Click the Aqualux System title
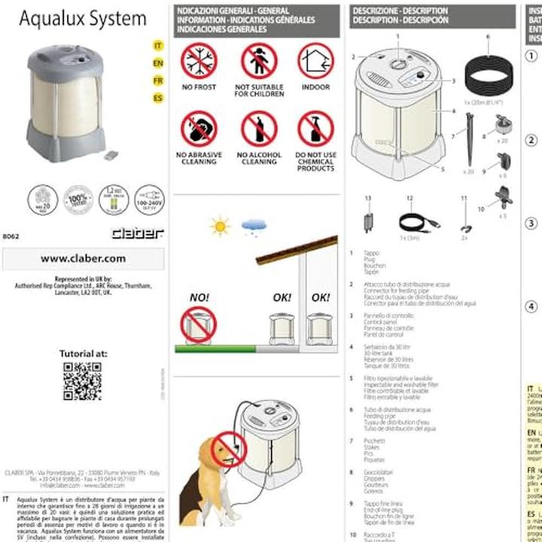[83, 19]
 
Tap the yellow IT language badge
[158, 46]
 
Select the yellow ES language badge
[158, 98]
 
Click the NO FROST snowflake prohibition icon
[199, 61]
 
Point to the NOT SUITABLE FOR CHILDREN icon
[259, 61]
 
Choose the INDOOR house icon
[315, 61]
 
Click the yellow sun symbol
[220, 225]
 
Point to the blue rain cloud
[252, 225]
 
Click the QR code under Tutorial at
[82, 380]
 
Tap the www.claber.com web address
[83, 258]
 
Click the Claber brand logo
[137, 233]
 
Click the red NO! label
[199, 297]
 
